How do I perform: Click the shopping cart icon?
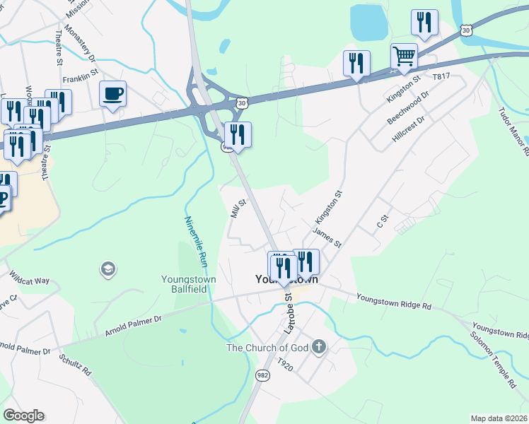[404, 56]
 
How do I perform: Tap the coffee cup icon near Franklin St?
[113, 94]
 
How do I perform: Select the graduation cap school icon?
[108, 269]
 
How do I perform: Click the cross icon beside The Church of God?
[320, 346]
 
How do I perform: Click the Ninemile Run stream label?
[196, 241]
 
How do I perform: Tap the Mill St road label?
[238, 208]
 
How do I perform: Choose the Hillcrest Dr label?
[410, 131]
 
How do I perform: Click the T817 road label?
[441, 76]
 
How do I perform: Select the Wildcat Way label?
[29, 276]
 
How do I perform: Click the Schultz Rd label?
[76, 364]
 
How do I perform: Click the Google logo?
[23, 416]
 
